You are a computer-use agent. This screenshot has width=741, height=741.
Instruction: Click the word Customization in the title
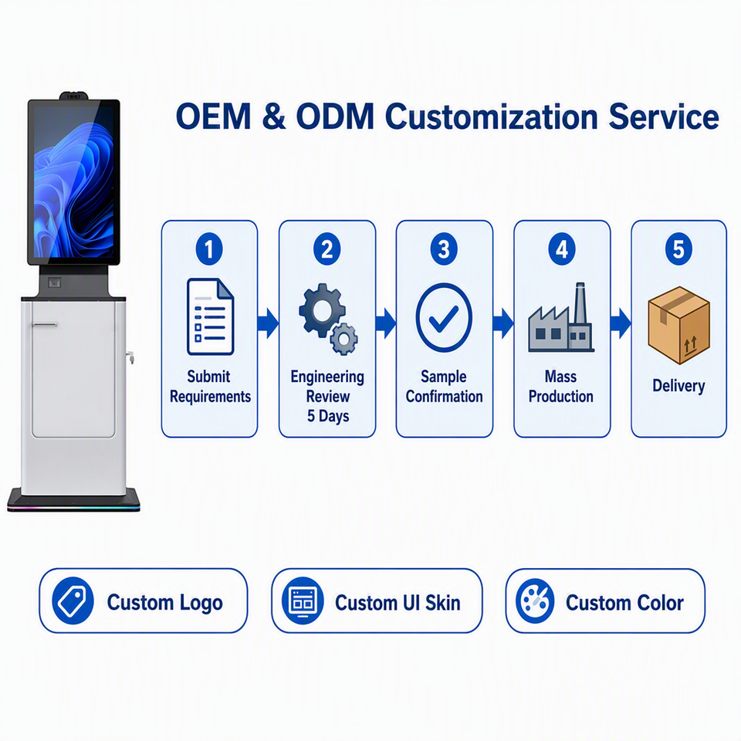tap(492, 117)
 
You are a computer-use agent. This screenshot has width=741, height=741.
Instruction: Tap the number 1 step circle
tap(209, 249)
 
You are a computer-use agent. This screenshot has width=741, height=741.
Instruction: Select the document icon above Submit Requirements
tap(210, 316)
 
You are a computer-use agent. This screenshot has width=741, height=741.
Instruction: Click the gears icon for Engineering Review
tap(328, 319)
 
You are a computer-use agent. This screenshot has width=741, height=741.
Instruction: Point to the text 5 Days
tap(328, 416)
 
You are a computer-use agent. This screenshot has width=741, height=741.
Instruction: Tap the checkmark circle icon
tap(444, 317)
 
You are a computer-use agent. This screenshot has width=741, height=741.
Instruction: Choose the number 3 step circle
tap(444, 249)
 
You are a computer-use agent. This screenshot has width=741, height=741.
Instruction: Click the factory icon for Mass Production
tap(561, 317)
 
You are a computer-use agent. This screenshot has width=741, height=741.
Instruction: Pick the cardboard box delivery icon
tap(678, 325)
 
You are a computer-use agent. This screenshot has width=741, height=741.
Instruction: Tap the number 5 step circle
tap(678, 249)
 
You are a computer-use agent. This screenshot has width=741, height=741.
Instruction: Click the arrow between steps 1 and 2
tap(268, 323)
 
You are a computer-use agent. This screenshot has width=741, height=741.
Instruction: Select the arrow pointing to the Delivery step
tap(621, 323)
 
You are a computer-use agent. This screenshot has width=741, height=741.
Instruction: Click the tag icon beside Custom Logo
tap(73, 601)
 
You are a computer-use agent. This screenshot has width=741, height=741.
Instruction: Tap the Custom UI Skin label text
tap(398, 603)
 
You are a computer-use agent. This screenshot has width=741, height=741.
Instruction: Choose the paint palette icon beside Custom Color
tap(535, 601)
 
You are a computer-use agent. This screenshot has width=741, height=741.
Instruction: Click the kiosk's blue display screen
tap(74, 182)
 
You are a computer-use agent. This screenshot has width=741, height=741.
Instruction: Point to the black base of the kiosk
tap(74, 500)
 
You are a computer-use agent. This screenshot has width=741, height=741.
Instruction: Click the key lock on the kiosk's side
tap(130, 357)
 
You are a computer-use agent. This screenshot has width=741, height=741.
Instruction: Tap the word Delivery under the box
tap(678, 386)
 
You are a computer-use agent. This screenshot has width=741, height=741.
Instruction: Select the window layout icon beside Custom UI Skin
tap(303, 601)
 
